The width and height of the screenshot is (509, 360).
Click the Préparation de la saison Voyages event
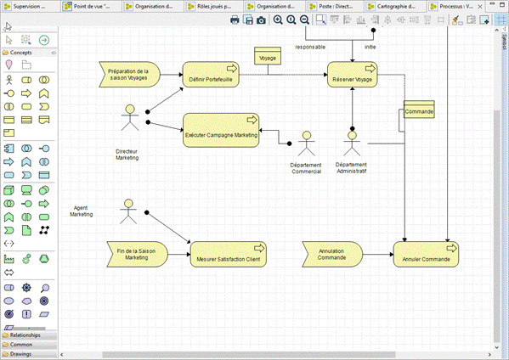(128, 76)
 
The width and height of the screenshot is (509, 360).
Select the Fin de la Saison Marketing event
(136, 253)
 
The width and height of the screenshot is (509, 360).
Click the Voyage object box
(268, 58)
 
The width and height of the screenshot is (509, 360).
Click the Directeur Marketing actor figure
(130, 119)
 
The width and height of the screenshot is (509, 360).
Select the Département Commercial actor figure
(307, 142)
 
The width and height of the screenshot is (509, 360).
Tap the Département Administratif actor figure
(352, 142)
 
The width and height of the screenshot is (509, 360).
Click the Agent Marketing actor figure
(128, 211)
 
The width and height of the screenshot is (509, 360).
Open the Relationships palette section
(26, 335)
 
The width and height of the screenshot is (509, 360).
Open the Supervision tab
(30, 6)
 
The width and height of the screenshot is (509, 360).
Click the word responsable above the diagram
(310, 47)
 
